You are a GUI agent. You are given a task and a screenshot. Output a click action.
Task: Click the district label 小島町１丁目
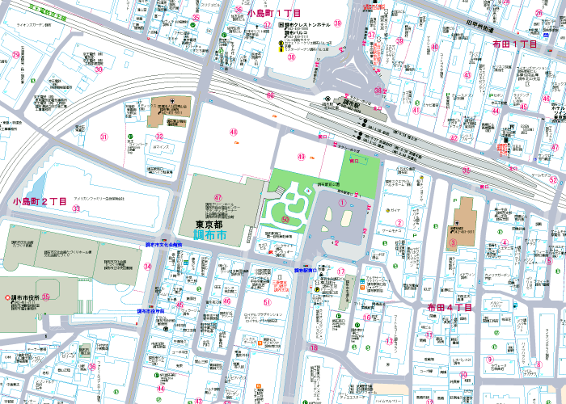click(x=274, y=14)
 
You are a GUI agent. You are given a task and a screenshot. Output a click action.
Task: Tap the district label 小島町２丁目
click(x=40, y=200)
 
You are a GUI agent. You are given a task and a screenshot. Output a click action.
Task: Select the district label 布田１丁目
click(x=515, y=44)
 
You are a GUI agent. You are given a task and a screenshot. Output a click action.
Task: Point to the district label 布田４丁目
click(x=450, y=308)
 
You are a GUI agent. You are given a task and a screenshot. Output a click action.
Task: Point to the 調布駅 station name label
click(x=348, y=103)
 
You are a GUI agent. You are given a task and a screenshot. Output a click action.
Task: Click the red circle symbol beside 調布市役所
click(x=6, y=297)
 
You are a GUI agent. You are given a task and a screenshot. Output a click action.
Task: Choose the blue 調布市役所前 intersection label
click(x=151, y=310)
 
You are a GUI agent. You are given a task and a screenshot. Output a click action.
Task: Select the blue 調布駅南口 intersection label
click(x=308, y=270)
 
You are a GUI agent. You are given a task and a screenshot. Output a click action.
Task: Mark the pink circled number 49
click(x=302, y=157)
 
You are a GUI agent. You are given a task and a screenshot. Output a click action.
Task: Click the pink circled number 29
click(x=16, y=56)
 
